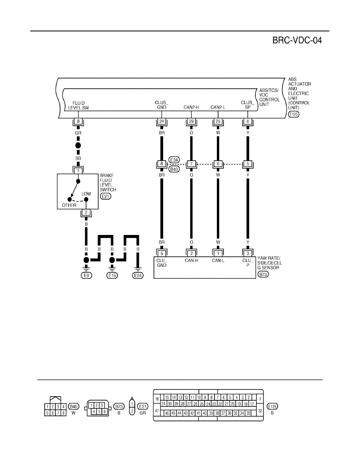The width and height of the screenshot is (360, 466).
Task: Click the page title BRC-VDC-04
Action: pos(297,40)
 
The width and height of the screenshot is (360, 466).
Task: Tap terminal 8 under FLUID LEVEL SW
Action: pos(78,121)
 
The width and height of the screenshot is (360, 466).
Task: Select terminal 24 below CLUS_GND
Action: pos(162,121)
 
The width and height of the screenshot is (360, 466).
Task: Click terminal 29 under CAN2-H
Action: pos(191,121)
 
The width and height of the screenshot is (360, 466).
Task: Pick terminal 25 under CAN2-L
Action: pos(218,121)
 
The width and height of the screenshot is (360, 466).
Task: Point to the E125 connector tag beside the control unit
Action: pos(293,114)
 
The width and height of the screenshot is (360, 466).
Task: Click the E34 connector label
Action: pos(174,160)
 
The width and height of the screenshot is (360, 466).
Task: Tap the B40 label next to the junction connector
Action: pos(174,169)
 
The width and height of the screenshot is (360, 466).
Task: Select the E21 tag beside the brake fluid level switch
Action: pos(105,197)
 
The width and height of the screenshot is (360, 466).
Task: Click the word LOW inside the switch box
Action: pos(86,194)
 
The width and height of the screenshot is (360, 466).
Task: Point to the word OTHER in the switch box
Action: pos(69,206)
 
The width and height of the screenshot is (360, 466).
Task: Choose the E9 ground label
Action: pos(86,275)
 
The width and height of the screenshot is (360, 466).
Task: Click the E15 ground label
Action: pos(112,275)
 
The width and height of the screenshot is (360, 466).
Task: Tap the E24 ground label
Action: pos(138,275)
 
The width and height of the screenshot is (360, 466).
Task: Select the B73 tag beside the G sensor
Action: pos(263,274)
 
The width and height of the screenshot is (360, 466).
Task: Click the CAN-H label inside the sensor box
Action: pos(191,260)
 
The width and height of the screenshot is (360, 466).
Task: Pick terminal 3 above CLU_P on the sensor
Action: pos(248,253)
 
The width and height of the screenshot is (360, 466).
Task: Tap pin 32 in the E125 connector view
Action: pos(260,411)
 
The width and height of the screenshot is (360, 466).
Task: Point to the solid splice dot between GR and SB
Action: pos(78,146)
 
